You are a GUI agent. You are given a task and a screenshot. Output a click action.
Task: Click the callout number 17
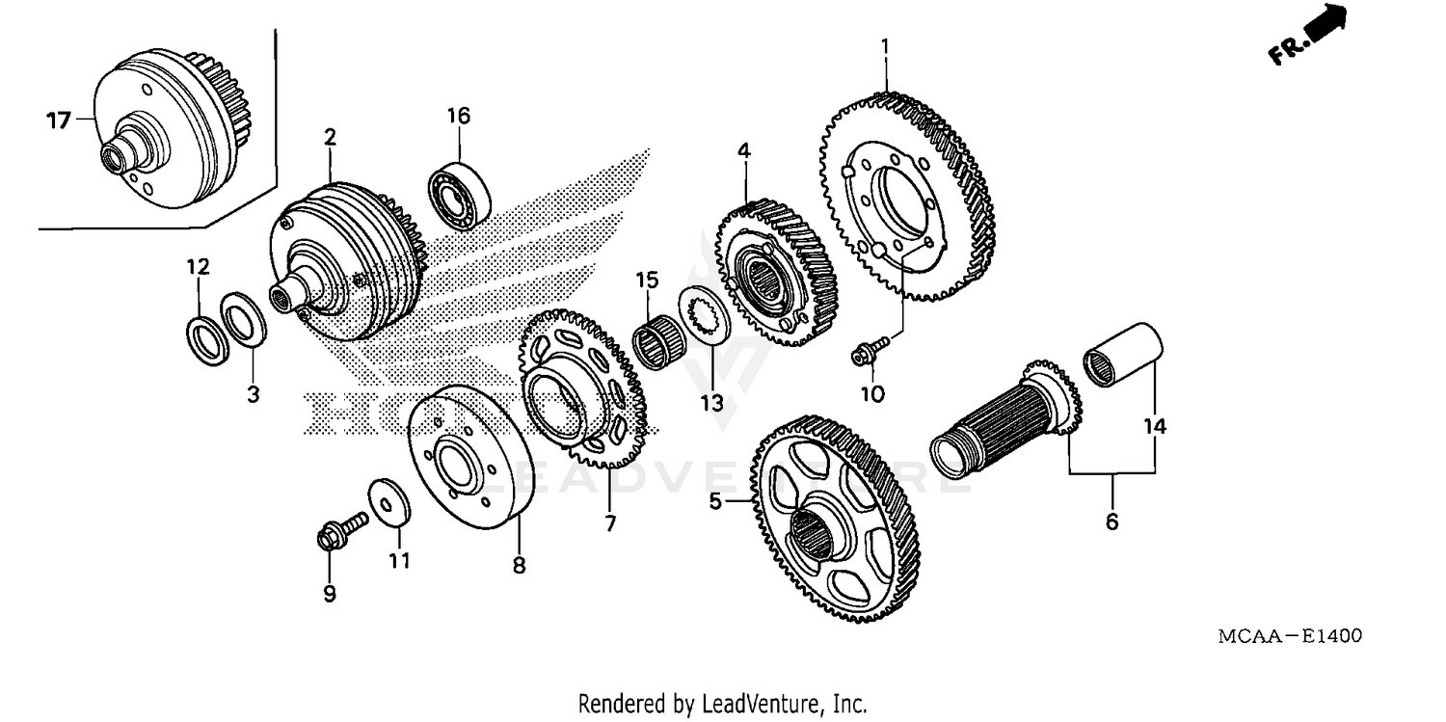click(x=59, y=120)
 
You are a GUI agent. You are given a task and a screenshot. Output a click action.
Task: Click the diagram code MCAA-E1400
click(x=1289, y=636)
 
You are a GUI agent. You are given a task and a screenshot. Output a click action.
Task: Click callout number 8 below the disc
click(x=519, y=566)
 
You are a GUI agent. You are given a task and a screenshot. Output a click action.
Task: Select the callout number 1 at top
click(x=885, y=45)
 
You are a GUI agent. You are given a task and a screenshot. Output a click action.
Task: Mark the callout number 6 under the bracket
click(x=1111, y=521)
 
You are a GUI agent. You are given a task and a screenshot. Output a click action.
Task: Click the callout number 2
click(x=330, y=137)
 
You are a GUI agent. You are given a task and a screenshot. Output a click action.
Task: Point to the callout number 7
click(x=610, y=523)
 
